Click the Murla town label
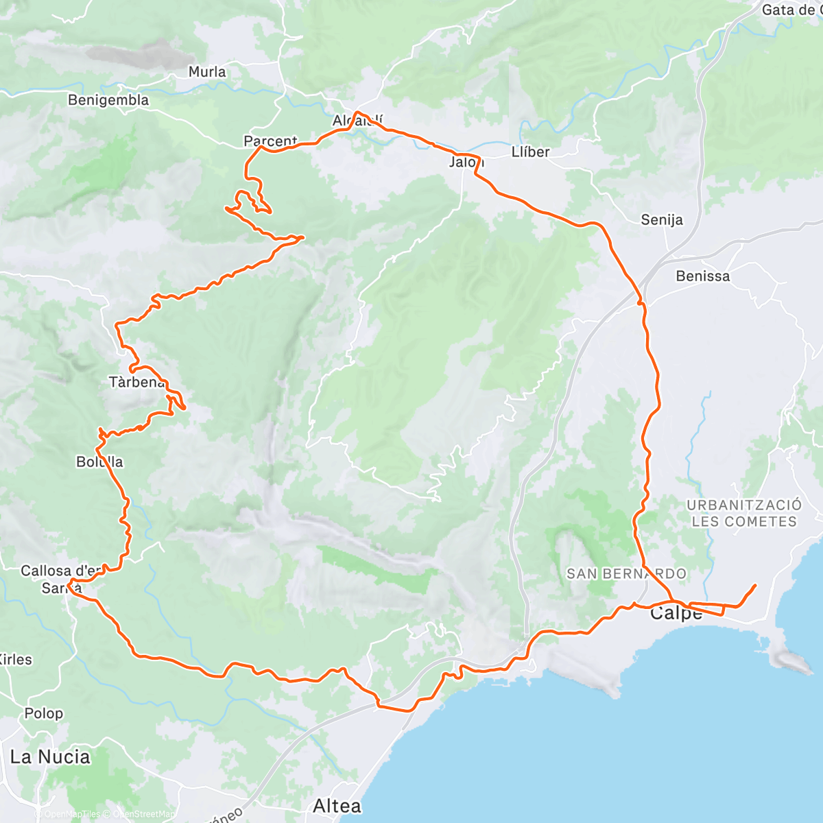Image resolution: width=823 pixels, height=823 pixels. [x=206, y=72]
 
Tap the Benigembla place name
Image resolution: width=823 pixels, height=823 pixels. [x=108, y=100]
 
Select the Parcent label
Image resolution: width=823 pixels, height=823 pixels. [x=270, y=141]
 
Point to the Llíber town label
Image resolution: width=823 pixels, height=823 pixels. [x=530, y=152]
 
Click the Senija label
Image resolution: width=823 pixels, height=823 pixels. [x=662, y=220]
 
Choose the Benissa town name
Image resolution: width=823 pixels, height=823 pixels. [x=702, y=276]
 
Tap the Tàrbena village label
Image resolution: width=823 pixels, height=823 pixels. [x=136, y=382]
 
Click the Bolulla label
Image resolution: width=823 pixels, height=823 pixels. [x=99, y=462]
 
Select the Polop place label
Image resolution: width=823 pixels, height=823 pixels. [x=43, y=713]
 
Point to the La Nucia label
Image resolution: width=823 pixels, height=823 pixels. [x=50, y=757]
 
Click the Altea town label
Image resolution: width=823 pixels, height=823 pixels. [x=337, y=805]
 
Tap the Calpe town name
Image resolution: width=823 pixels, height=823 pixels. [x=676, y=613]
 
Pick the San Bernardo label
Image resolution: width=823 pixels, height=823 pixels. [x=626, y=573]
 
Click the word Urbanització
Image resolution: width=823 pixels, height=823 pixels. [x=743, y=505]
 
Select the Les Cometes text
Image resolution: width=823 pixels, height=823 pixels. [x=743, y=522]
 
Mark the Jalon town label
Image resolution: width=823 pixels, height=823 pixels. [x=466, y=163]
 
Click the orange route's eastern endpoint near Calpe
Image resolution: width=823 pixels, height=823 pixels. [x=755, y=585]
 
